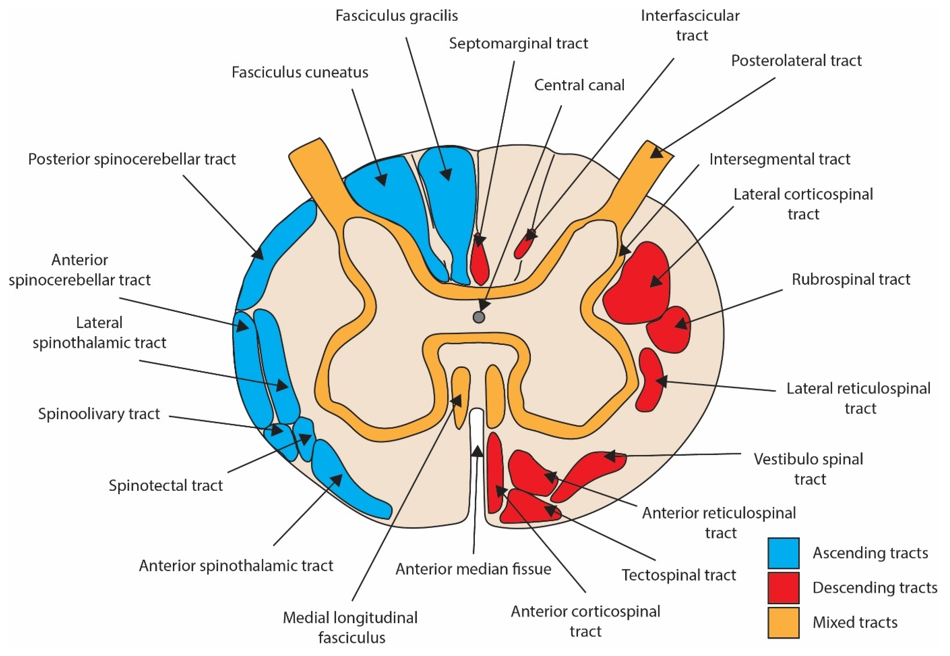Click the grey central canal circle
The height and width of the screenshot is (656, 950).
[x=478, y=317]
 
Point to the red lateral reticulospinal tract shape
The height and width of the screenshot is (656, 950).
[x=650, y=380]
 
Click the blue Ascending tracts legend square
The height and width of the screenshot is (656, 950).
[x=783, y=553]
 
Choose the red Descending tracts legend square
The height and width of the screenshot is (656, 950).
[x=783, y=588]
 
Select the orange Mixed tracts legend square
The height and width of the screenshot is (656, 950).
[x=783, y=622]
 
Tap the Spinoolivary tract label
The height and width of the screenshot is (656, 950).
[x=99, y=413]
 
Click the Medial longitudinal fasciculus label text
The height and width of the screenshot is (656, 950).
[x=350, y=627]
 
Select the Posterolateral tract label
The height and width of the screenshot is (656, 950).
[x=796, y=61]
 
